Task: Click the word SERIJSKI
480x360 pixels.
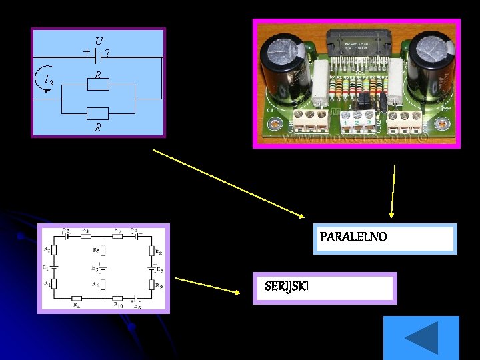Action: [286, 286]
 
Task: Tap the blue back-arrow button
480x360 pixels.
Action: [421, 338]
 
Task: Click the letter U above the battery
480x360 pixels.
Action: [99, 41]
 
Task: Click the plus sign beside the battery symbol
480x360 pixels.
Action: [87, 51]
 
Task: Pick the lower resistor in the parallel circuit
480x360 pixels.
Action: [98, 113]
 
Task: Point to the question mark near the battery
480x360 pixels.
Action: [108, 52]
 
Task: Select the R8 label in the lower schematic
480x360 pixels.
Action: [158, 253]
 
